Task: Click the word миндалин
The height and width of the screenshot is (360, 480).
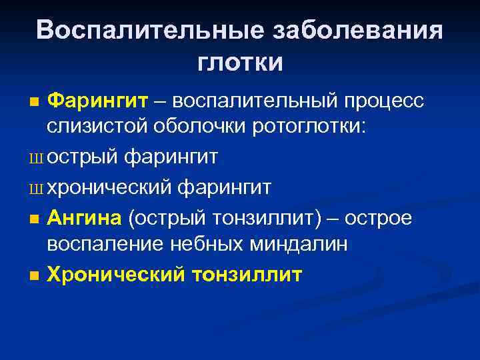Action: pos(298,244)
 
